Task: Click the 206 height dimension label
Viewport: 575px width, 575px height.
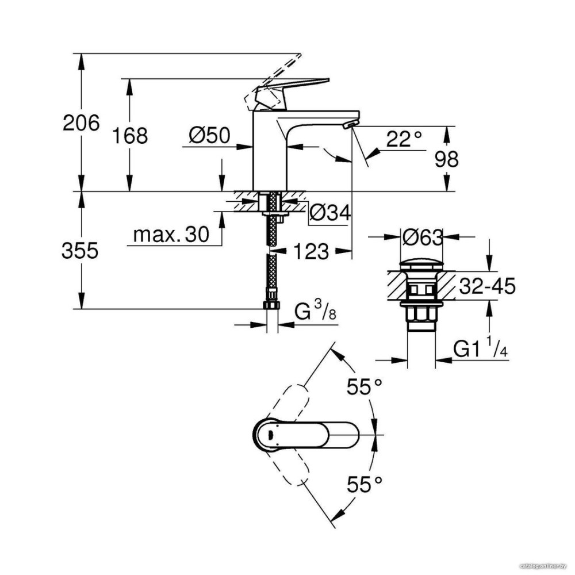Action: pyautogui.click(x=81, y=122)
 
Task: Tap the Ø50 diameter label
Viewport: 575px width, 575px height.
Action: pyautogui.click(x=209, y=135)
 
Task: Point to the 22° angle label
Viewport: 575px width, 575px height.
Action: pyautogui.click(x=404, y=139)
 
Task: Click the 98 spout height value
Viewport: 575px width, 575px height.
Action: pyautogui.click(x=446, y=159)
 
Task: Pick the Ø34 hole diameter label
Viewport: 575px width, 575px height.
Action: pyautogui.click(x=330, y=212)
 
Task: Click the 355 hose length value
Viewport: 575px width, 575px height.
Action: pyautogui.click(x=80, y=251)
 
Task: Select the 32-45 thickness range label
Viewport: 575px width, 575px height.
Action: pyautogui.click(x=488, y=286)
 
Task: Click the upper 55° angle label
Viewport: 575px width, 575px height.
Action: pyautogui.click(x=365, y=386)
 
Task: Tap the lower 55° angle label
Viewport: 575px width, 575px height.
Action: pyautogui.click(x=365, y=484)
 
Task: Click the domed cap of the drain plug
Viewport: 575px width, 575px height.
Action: pyautogui.click(x=421, y=265)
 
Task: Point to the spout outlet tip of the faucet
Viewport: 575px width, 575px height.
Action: pyautogui.click(x=350, y=125)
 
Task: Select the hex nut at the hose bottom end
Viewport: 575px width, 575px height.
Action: pyautogui.click(x=272, y=305)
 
